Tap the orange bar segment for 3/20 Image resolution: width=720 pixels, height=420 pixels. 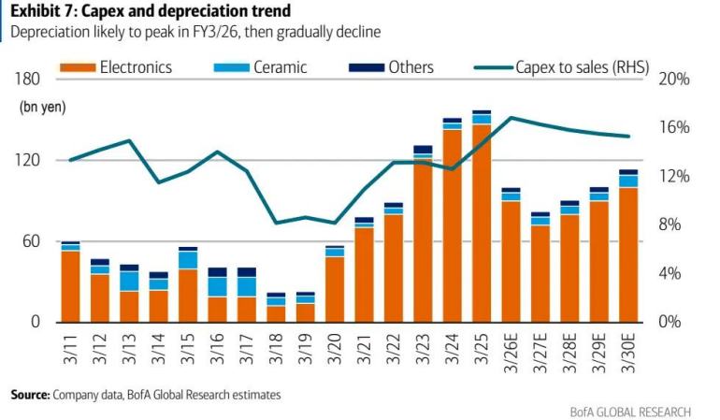(x=335, y=289)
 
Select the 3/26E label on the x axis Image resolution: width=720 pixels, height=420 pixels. (x=511, y=355)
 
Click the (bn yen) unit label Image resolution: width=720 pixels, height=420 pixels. (x=38, y=108)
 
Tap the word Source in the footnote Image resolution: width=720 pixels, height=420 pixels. (x=29, y=395)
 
